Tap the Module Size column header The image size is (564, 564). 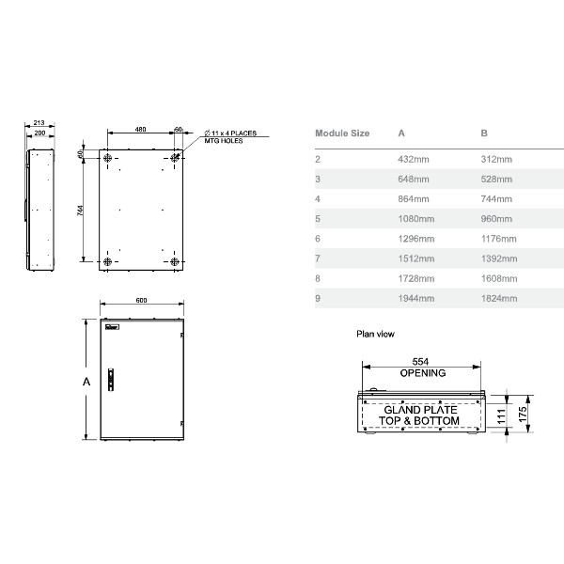click(x=341, y=133)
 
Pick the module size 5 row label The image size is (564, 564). click(x=318, y=218)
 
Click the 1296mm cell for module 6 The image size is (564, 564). click(x=415, y=238)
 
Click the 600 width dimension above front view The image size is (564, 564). click(x=141, y=301)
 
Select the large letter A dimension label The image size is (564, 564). click(x=86, y=382)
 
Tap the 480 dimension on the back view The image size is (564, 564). click(x=139, y=128)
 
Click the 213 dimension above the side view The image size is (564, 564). click(x=39, y=123)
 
